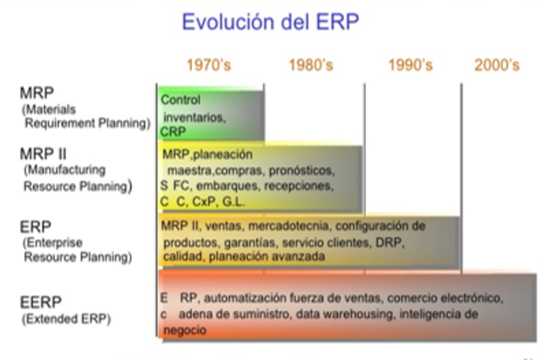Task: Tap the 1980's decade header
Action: (x=312, y=65)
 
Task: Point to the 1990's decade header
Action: (x=411, y=65)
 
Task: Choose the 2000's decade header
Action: (x=497, y=65)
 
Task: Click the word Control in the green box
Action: (x=180, y=100)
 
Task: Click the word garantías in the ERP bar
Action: (x=243, y=242)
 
